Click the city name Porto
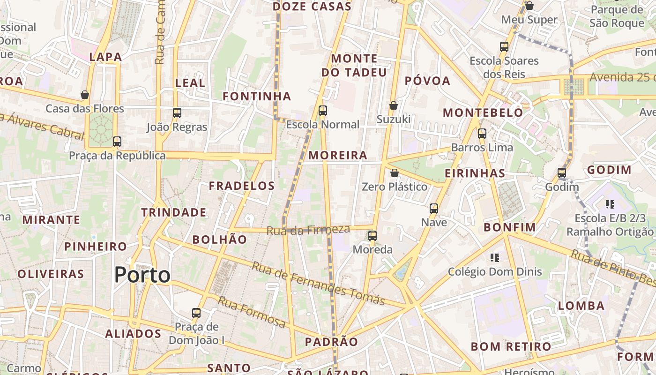[142, 275]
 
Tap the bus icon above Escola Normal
[323, 111]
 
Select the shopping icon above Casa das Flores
[85, 95]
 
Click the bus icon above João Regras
[177, 112]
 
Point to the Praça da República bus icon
[117, 141]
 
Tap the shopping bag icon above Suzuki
[394, 105]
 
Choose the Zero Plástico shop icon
[395, 173]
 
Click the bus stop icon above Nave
[434, 208]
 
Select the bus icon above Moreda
[373, 235]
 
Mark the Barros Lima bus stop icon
[482, 134]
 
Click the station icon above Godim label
[562, 173]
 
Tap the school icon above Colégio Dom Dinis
[495, 257]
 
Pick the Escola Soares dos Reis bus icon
[504, 46]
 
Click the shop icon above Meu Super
[529, 6]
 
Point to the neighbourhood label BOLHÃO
[220, 240]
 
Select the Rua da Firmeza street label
[308, 230]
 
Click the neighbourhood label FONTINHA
[257, 97]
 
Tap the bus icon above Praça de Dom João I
[196, 313]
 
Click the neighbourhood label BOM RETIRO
[511, 347]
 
